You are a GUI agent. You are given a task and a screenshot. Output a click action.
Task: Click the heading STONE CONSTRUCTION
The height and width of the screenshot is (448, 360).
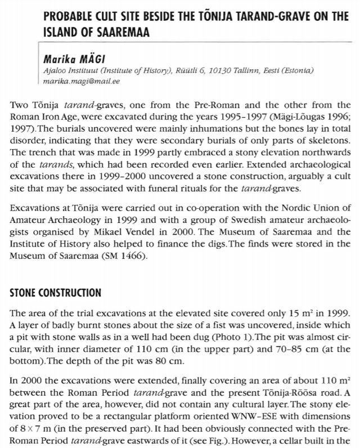56,292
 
